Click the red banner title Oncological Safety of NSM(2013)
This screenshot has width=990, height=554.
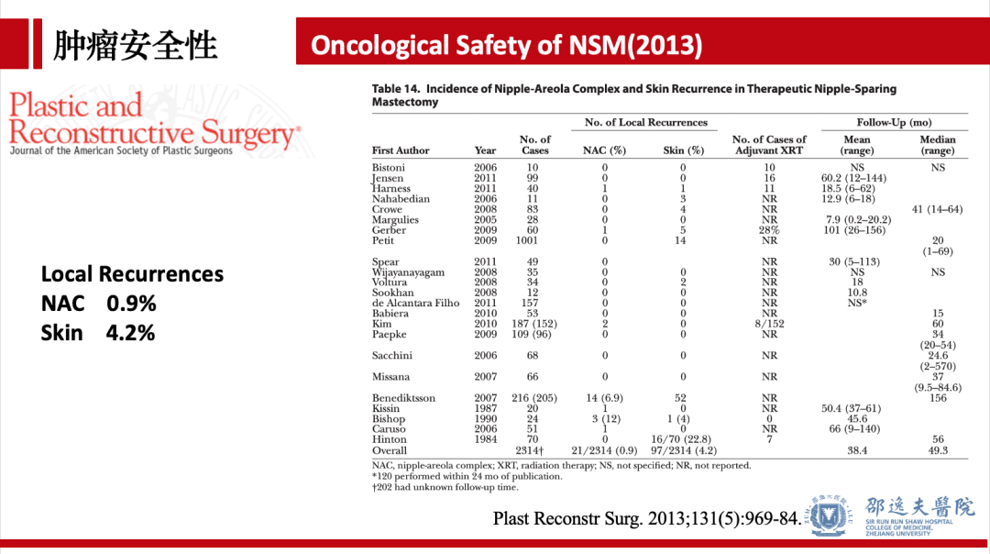(507, 45)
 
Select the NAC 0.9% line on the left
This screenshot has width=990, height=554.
(98, 304)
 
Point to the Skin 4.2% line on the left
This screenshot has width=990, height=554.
(98, 333)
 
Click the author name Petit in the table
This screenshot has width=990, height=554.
(384, 241)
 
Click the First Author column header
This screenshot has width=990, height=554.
(402, 150)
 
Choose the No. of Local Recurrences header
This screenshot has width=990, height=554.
(646, 123)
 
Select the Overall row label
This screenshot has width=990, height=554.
(390, 451)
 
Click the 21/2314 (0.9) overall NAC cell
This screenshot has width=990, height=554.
(604, 451)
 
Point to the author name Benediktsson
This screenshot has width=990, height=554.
(403, 398)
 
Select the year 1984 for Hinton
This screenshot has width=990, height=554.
(486, 440)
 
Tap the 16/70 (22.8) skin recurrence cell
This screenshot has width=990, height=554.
(682, 440)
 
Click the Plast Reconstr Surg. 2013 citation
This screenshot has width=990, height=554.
(646, 519)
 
